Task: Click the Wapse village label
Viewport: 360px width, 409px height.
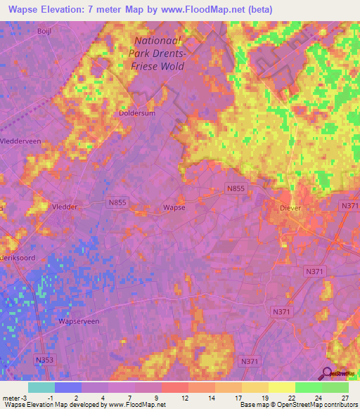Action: click(174, 208)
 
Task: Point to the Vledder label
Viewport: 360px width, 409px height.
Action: click(65, 208)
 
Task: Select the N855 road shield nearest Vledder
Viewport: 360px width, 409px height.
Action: click(117, 202)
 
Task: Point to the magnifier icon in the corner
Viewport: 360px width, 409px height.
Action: click(328, 372)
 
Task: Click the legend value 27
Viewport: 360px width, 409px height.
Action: click(345, 398)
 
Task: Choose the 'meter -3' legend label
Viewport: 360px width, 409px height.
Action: click(14, 398)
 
